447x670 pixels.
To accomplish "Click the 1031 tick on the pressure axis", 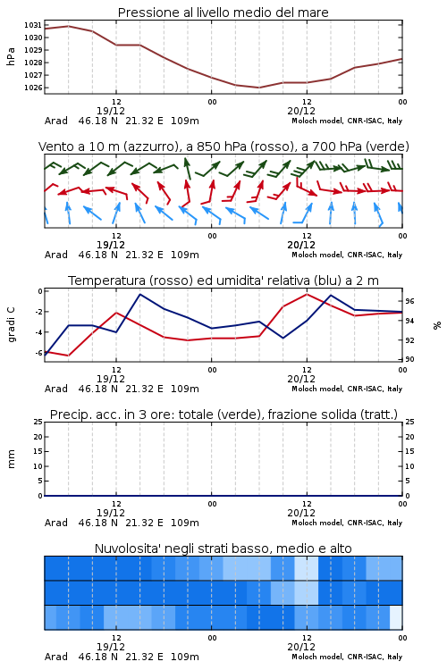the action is [x=33, y=25].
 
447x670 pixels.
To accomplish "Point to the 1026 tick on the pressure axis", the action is [x=33, y=88].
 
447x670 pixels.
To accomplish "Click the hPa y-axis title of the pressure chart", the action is [x=11, y=56].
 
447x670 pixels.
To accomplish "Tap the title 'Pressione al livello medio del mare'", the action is [x=223, y=13].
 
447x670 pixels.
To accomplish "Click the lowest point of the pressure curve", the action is [x=258, y=88].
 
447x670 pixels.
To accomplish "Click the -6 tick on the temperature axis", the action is [x=38, y=353].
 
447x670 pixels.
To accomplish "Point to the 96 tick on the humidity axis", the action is [x=409, y=301].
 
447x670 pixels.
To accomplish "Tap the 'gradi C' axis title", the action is [x=11, y=325].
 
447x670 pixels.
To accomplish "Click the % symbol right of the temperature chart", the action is [x=437, y=325].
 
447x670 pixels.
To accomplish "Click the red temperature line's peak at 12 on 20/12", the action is [x=307, y=294].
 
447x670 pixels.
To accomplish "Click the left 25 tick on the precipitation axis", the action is [x=38, y=422].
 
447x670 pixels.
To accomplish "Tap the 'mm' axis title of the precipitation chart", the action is [x=11, y=459].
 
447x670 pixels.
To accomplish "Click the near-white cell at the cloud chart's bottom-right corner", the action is [x=396, y=617].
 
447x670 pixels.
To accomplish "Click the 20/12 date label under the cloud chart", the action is [x=301, y=647].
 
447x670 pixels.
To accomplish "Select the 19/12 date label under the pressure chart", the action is [x=111, y=111].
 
